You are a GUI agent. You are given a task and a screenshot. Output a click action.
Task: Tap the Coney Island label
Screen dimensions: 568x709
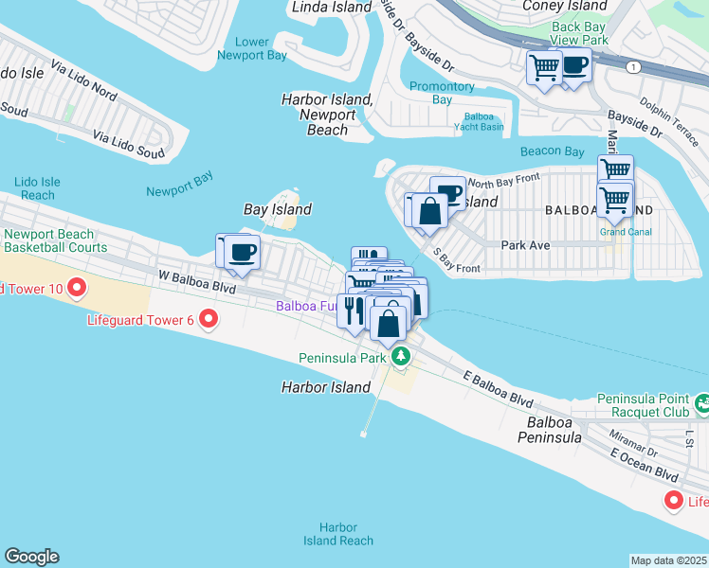point(565,6)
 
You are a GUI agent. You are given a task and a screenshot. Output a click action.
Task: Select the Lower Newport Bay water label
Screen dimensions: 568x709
point(252,48)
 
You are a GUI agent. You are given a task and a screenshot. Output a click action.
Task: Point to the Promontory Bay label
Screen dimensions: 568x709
point(442,93)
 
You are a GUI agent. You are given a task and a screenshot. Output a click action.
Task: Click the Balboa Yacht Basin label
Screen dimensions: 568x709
point(478,121)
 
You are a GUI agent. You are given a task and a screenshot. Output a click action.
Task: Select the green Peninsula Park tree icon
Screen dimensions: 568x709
point(402,357)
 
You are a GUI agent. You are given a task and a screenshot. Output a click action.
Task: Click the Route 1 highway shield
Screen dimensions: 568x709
point(632,66)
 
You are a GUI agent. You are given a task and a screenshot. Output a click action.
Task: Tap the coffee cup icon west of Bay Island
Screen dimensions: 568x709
point(242,253)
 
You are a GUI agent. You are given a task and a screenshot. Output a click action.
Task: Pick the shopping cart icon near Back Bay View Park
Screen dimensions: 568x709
point(545,67)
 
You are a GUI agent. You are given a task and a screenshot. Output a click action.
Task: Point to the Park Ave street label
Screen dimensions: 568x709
point(526,244)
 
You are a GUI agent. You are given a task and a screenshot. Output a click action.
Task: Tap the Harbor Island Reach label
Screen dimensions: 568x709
point(338,534)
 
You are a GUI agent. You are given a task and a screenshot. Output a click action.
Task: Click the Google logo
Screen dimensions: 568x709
point(31,557)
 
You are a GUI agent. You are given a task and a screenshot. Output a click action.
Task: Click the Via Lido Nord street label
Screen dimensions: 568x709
point(85,81)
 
